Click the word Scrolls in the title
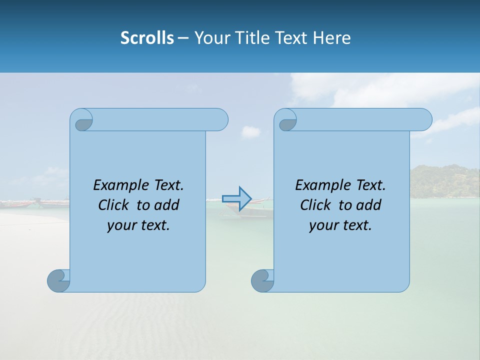tap(147, 38)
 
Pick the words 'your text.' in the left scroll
tap(138, 225)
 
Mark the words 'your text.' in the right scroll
tap(340, 225)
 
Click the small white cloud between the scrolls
tap(251, 132)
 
